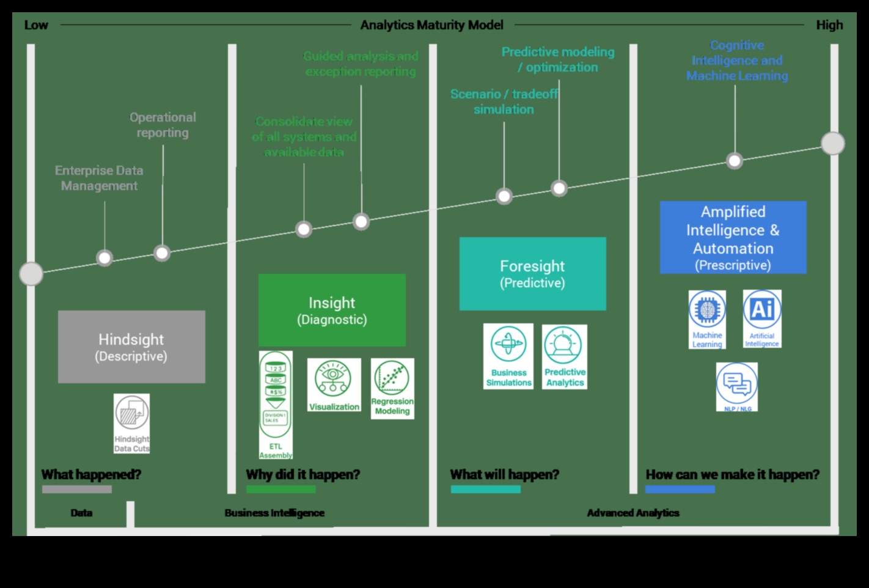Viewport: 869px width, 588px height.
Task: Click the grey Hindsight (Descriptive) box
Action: (x=131, y=347)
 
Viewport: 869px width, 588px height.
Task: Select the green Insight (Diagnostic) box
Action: (x=332, y=310)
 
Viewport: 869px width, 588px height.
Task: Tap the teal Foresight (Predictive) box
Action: (x=532, y=273)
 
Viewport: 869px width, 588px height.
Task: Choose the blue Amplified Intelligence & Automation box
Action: (x=733, y=237)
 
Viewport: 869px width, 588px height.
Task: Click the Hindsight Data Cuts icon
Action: (x=131, y=423)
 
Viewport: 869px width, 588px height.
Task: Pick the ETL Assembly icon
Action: (x=276, y=405)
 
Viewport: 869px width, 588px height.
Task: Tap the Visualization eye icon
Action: (x=334, y=384)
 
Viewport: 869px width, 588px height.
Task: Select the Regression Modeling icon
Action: (x=392, y=388)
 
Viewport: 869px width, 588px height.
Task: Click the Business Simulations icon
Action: (x=508, y=356)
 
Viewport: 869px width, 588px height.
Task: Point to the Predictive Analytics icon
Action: (x=565, y=356)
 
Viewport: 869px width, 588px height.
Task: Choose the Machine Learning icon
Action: (x=707, y=319)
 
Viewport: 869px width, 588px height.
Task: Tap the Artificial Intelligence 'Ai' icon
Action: (x=762, y=318)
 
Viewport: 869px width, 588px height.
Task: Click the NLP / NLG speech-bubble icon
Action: (x=737, y=386)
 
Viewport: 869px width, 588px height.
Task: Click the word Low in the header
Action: (x=36, y=25)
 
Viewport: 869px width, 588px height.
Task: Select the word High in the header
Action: (x=829, y=25)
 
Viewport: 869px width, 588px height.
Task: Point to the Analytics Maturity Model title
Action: (x=431, y=25)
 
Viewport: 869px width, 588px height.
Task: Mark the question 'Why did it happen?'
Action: (x=302, y=474)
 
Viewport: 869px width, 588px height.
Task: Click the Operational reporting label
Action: (x=163, y=125)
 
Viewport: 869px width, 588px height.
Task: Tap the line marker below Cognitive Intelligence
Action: (x=735, y=161)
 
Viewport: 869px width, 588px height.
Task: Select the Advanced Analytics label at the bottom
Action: (x=633, y=513)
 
